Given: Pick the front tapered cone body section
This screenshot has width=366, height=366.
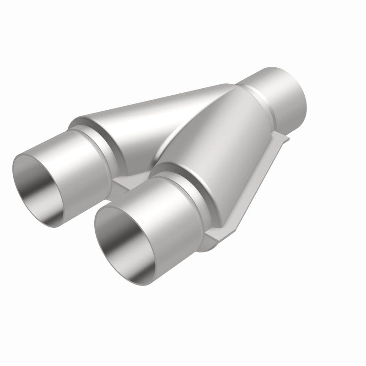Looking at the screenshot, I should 220,137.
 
